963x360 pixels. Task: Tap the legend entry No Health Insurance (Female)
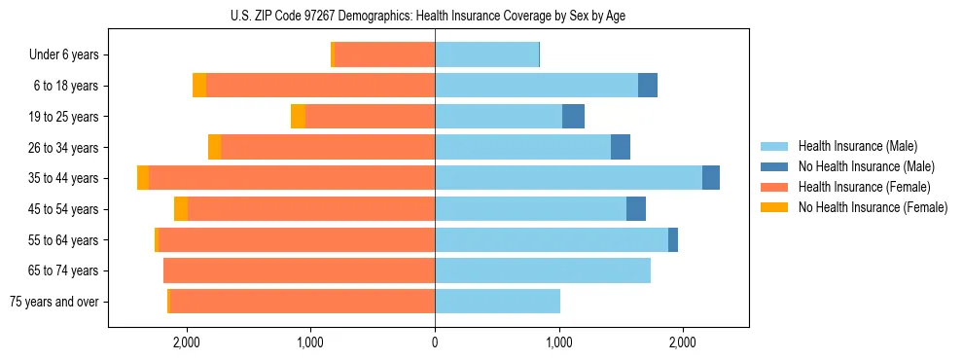872,207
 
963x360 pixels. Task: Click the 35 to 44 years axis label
63,178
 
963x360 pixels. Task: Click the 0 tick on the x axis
435,342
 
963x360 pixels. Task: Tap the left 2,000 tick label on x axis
186,342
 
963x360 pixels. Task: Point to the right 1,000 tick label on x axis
559,342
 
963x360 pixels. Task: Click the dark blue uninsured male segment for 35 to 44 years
711,178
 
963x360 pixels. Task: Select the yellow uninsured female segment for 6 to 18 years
199,86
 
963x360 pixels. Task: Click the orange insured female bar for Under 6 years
384,55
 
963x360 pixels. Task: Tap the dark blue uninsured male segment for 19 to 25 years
574,117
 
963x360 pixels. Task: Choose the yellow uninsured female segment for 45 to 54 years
181,209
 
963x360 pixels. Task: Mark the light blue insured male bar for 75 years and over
497,302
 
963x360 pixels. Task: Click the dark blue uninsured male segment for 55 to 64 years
673,240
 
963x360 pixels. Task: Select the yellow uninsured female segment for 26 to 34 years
214,148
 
